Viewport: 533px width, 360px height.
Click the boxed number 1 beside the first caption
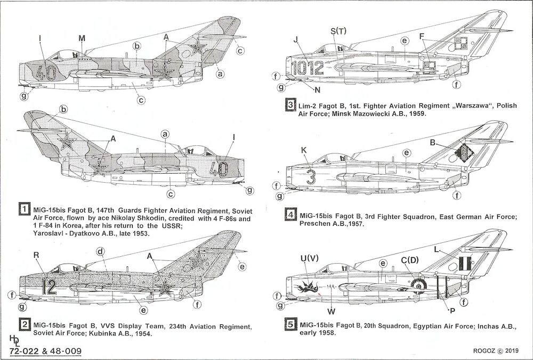tap(23, 209)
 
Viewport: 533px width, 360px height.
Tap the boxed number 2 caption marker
tap(23, 326)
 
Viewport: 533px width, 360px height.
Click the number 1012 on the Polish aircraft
tap(309, 68)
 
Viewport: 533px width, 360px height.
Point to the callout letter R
tap(37, 256)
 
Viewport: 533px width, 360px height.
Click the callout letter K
tap(304, 151)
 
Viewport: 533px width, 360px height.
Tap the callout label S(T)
tap(338, 31)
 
